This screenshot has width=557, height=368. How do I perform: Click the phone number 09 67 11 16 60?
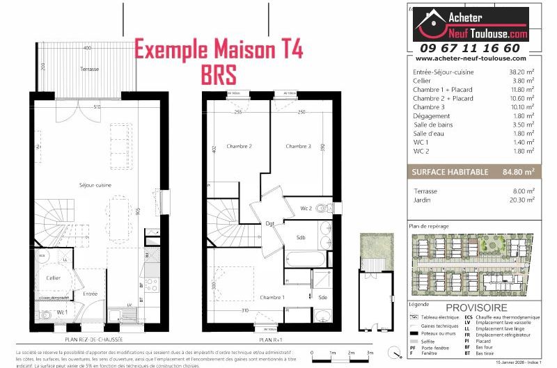(x=469, y=48)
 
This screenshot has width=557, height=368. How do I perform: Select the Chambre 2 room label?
(x=240, y=146)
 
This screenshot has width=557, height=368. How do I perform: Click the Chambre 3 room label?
(x=298, y=146)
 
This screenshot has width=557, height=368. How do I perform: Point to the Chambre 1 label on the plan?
(x=253, y=297)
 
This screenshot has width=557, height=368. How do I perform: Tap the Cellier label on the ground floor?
(x=53, y=278)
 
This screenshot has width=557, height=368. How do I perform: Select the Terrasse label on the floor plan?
(x=88, y=69)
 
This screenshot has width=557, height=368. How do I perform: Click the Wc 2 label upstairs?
(x=306, y=208)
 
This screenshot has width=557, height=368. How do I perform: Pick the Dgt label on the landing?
(x=270, y=223)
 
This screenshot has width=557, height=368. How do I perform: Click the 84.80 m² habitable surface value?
(x=519, y=171)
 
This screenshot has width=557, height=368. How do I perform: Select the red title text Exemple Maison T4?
(x=218, y=51)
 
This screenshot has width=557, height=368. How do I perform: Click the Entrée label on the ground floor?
(x=90, y=294)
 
